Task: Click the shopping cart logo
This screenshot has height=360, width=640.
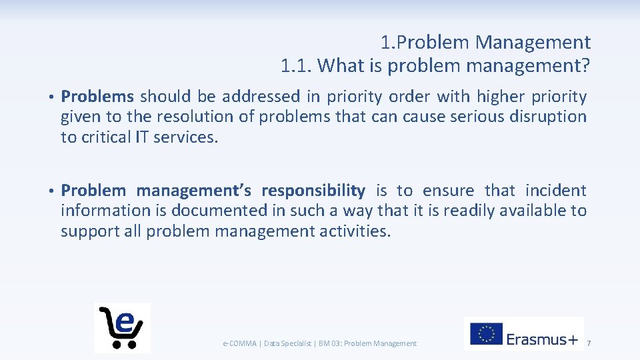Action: point(122,327)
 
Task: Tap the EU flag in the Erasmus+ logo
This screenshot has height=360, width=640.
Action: point(485,333)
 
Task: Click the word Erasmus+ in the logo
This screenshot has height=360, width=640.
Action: point(542,339)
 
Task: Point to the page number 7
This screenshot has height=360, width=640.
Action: point(589,343)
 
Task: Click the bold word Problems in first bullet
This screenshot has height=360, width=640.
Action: point(97,97)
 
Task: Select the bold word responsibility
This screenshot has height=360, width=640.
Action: point(313,191)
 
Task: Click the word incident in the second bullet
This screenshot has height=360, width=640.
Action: point(557,191)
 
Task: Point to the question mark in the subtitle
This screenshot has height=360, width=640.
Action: point(586,66)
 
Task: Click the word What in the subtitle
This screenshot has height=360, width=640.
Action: point(337,66)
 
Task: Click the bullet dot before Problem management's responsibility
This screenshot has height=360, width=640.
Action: point(51,191)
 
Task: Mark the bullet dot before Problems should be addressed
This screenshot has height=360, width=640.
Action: point(51,97)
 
